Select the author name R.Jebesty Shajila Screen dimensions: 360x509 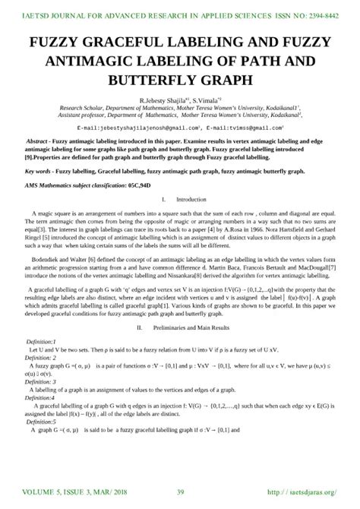pyautogui.click(x=163, y=100)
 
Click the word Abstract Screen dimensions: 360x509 pyautogui.click(x=39, y=142)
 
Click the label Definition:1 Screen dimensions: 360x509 pyautogui.click(x=46, y=342)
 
